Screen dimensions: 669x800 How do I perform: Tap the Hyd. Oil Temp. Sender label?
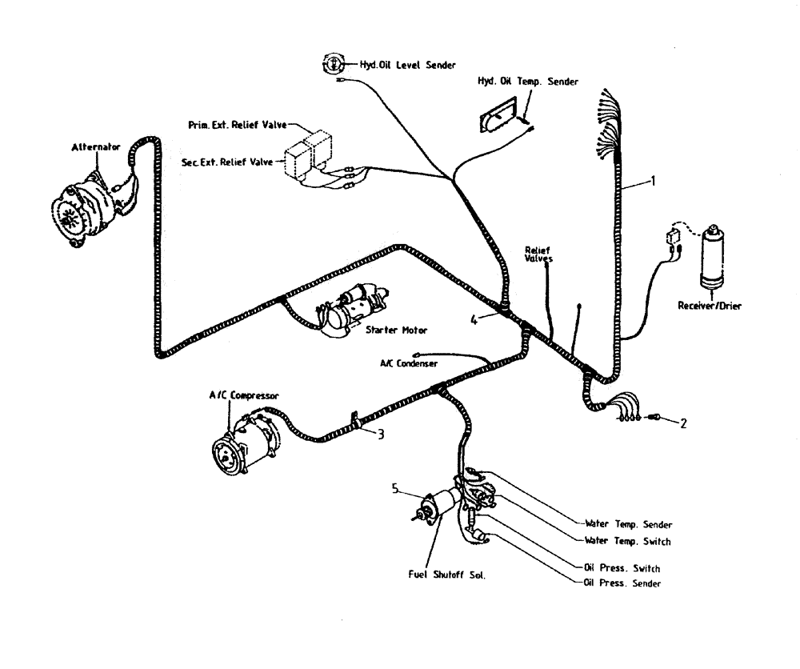tap(528, 81)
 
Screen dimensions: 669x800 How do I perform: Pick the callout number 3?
tap(382, 435)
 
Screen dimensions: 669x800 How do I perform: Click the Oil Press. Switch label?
tap(623, 568)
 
